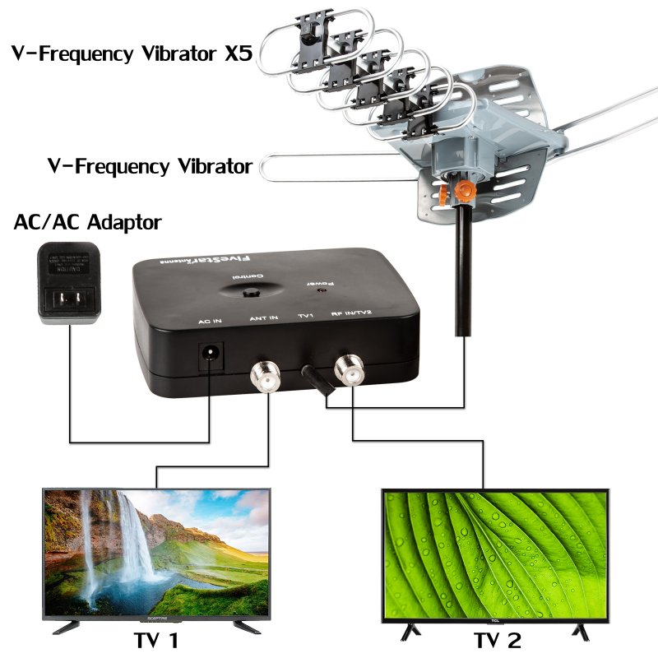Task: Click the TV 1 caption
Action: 157,640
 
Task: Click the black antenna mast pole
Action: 463,271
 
